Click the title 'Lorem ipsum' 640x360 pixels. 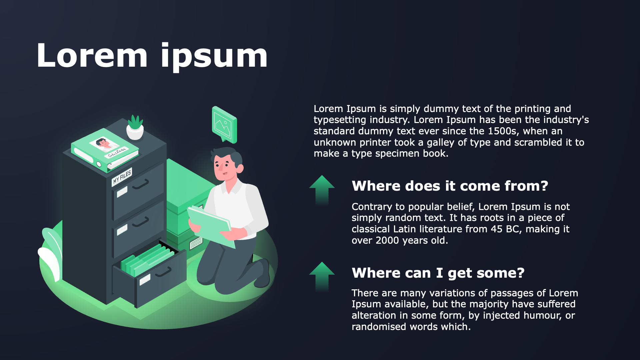tap(152, 56)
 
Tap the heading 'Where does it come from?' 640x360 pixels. tap(450, 186)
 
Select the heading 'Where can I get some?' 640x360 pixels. tap(438, 273)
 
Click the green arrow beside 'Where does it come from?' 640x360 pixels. tap(322, 189)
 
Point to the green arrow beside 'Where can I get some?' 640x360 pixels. tap(322, 276)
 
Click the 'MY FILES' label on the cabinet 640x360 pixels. tap(122, 176)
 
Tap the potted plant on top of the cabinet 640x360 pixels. tap(135, 127)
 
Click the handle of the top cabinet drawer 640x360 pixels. tap(141, 184)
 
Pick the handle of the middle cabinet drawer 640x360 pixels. tap(141, 222)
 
